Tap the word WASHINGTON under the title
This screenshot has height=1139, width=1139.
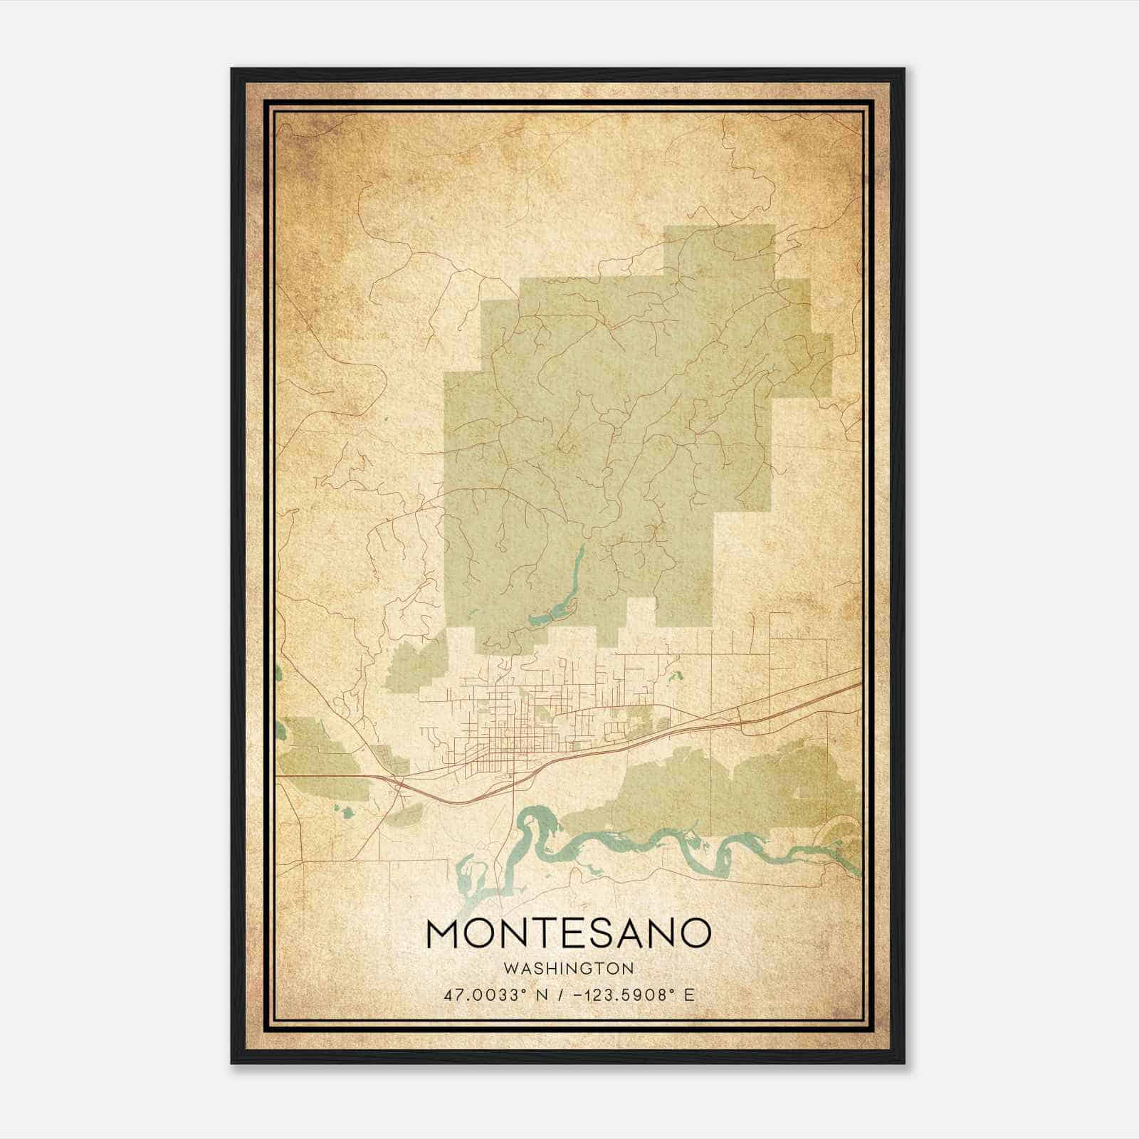tap(568, 968)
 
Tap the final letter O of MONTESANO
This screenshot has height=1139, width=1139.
tap(695, 934)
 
